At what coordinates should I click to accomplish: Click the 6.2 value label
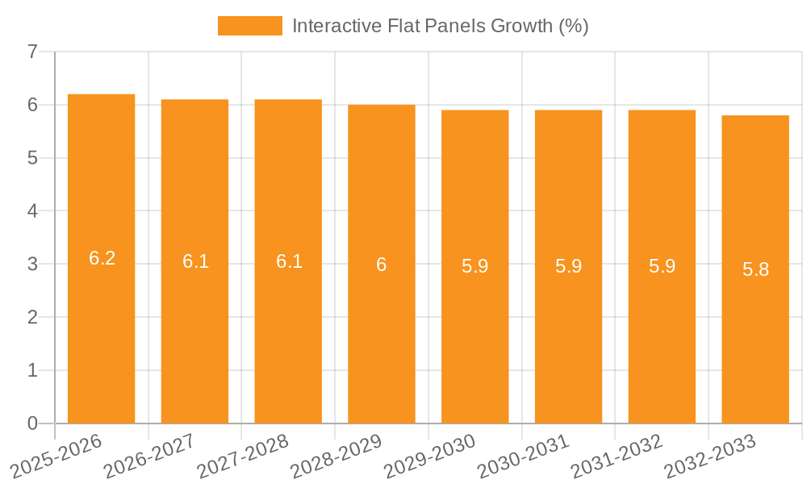[102, 259]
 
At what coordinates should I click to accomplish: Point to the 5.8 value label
[755, 269]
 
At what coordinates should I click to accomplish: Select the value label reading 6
[382, 265]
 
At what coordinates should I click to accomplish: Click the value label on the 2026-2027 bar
[195, 261]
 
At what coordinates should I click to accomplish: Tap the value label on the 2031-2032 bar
[662, 266]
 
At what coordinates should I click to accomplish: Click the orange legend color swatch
[249, 26]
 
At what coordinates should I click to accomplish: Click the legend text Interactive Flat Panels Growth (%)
[440, 26]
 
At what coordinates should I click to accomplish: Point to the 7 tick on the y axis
[32, 52]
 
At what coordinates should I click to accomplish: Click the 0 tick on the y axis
[32, 423]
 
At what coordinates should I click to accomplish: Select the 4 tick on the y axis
[32, 211]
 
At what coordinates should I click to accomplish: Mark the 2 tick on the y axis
[32, 317]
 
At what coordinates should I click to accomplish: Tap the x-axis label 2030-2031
[524, 457]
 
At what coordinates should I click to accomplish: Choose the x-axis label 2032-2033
[710, 457]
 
